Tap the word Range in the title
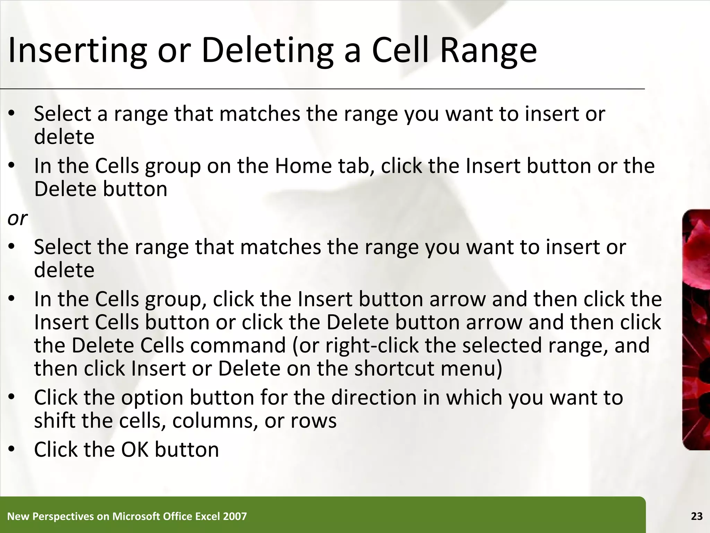tap(488, 51)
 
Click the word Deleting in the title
tap(267, 51)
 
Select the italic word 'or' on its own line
tap(17, 219)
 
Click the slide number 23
tap(696, 516)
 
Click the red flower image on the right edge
tap(696, 330)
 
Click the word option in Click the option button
tap(152, 398)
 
